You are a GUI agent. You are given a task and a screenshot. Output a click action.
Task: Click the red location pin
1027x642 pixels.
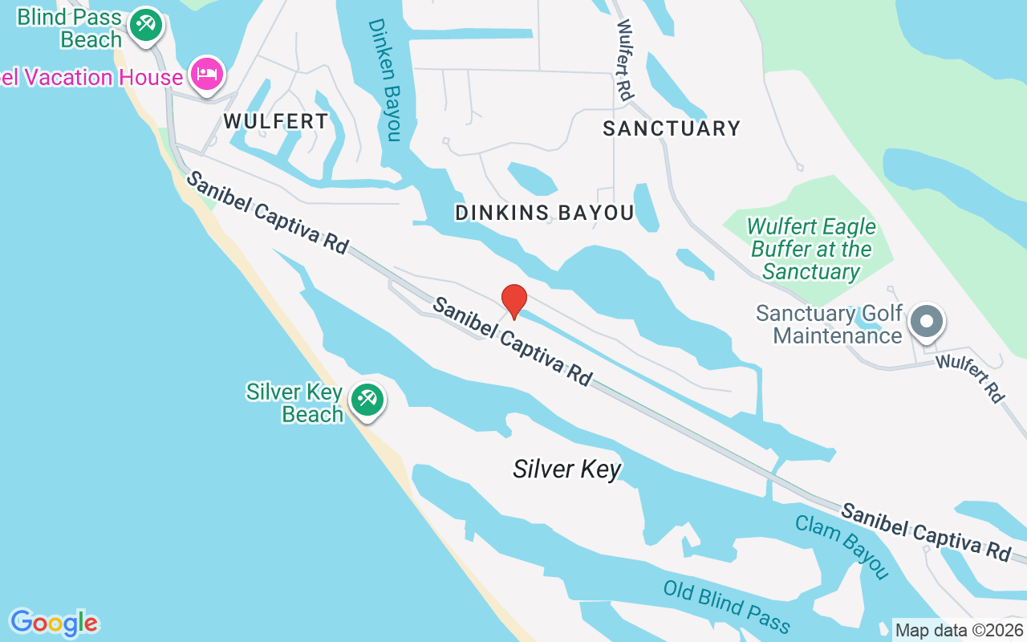(513, 301)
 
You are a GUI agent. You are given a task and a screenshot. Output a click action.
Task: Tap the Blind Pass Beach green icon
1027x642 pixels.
(145, 24)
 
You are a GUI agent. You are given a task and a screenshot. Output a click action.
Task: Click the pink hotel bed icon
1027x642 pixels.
(207, 74)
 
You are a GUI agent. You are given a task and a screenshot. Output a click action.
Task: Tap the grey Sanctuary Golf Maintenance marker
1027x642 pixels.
(927, 321)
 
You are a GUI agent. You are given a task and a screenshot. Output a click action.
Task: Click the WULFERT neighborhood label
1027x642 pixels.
(275, 121)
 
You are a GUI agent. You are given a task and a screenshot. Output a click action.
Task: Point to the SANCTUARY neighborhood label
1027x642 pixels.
(672, 128)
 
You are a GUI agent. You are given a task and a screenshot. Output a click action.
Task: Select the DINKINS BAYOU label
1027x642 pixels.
(544, 213)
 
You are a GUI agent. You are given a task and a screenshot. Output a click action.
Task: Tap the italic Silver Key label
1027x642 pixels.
(567, 469)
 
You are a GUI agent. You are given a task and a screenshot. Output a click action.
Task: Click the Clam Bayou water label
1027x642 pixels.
(842, 547)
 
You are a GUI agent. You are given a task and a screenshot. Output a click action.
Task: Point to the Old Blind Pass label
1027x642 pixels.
(727, 607)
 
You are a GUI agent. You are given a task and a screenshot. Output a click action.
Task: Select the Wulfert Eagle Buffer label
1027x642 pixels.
(811, 249)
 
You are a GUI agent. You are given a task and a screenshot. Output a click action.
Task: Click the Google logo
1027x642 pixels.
(54, 623)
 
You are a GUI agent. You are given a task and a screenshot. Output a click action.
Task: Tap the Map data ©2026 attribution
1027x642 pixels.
(960, 630)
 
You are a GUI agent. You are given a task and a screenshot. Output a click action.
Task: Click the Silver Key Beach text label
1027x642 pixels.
(294, 403)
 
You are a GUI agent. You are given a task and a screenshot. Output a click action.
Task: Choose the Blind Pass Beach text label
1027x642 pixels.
(69, 28)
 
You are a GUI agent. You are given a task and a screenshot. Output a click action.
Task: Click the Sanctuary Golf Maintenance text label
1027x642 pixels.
(830, 324)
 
